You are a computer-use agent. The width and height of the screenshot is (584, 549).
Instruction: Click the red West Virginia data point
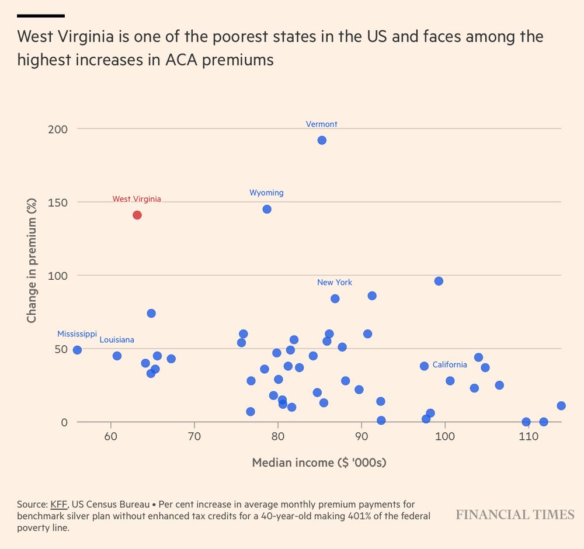pos(137,215)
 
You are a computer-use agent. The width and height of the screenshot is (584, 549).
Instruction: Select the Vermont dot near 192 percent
pos(322,140)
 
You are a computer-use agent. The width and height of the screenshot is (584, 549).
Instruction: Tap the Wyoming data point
pos(267,209)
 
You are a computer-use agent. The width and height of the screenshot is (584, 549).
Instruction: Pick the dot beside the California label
pos(424,366)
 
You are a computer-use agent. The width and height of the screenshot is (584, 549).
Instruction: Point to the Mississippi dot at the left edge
pos(77,350)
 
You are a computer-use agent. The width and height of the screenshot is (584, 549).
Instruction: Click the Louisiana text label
pos(117,340)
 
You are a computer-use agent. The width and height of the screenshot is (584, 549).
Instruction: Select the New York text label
pos(335,283)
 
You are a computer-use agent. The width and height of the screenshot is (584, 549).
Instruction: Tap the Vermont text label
pos(322,124)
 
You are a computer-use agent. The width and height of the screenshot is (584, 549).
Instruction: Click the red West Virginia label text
pos(137,199)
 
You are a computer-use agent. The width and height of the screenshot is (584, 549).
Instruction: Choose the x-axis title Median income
pos(319,463)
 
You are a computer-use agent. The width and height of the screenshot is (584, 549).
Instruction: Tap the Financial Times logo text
pos(515,515)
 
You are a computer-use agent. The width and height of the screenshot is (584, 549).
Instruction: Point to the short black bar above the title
pos(41,16)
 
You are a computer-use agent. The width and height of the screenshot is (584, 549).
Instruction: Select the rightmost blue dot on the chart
pos(561,406)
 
